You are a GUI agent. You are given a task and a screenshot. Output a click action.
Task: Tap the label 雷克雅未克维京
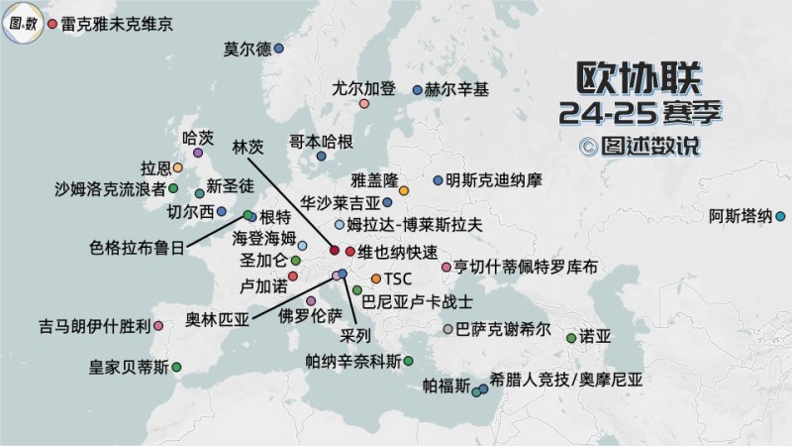coord(117,22)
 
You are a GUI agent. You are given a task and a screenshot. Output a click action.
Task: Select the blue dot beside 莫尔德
coord(279,48)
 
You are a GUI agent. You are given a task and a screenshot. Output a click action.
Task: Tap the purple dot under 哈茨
coord(198,154)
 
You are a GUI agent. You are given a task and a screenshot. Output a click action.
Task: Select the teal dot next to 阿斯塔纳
coord(780,216)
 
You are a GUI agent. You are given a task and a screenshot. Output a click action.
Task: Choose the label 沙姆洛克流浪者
coord(110,187)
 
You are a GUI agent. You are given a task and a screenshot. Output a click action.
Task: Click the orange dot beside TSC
coord(375,278)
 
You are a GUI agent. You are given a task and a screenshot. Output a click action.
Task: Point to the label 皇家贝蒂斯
coord(129,368)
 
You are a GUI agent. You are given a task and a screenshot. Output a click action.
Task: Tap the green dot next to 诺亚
coord(570,338)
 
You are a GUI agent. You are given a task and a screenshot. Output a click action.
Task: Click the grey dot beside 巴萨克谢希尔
coord(448,329)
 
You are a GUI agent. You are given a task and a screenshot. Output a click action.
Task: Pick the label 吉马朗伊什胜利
coord(94,325)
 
